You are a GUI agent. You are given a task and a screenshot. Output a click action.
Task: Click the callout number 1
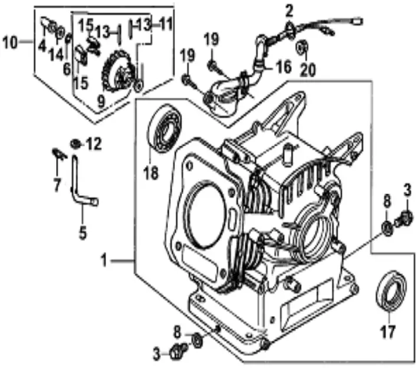coord(104,258)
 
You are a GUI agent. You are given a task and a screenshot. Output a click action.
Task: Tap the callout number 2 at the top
coord(289,9)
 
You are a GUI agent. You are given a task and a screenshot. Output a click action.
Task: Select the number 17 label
coord(387,332)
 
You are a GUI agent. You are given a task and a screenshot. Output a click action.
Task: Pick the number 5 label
coord(83,232)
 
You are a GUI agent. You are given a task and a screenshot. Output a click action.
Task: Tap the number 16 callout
coord(283,67)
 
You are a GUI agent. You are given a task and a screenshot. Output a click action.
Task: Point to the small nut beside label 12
coord(75,143)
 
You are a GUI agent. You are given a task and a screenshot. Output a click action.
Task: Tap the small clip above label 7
coord(57,153)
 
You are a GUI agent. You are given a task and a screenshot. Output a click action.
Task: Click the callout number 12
coord(94,143)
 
